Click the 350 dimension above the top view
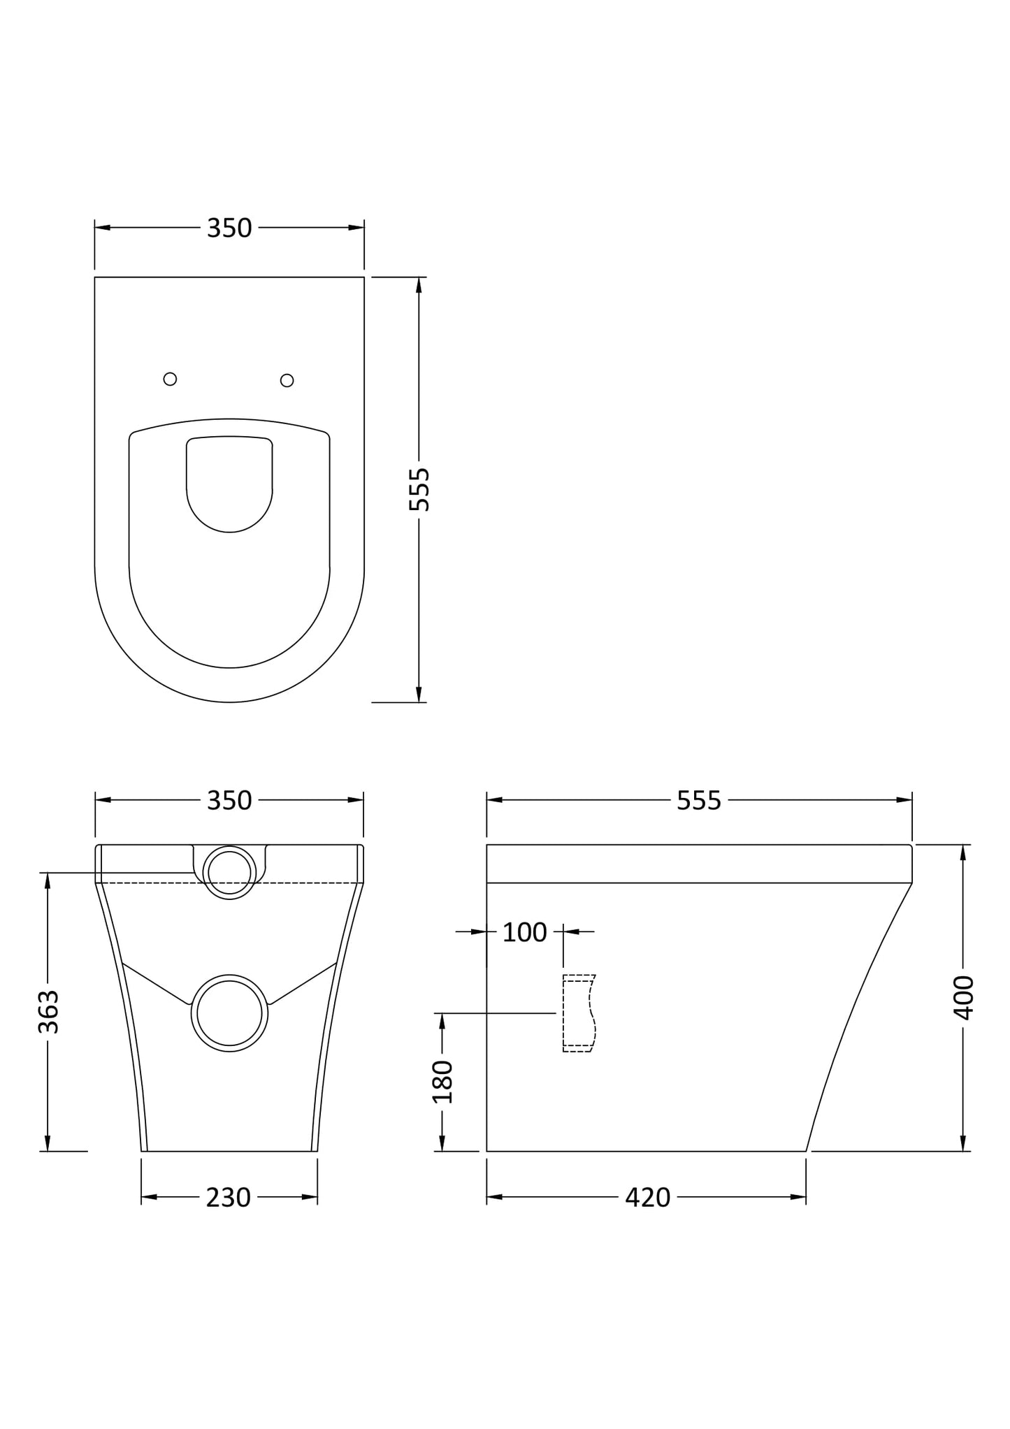tap(229, 229)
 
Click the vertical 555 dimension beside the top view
tap(419, 489)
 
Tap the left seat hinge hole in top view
tap(170, 379)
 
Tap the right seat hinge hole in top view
tap(287, 380)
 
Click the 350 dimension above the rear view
tap(229, 800)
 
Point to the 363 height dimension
tap(48, 1011)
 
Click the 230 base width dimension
tap(228, 1198)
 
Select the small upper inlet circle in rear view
tap(229, 872)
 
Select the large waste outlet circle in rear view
tap(229, 1013)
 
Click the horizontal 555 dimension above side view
tap(698, 800)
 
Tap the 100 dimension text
tap(524, 932)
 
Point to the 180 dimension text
tap(442, 1082)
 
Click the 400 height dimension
tap(963, 997)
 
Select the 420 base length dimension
tap(647, 1198)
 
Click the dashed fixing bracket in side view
tap(579, 1013)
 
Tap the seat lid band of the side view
tap(699, 864)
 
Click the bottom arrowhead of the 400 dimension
tap(963, 1143)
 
